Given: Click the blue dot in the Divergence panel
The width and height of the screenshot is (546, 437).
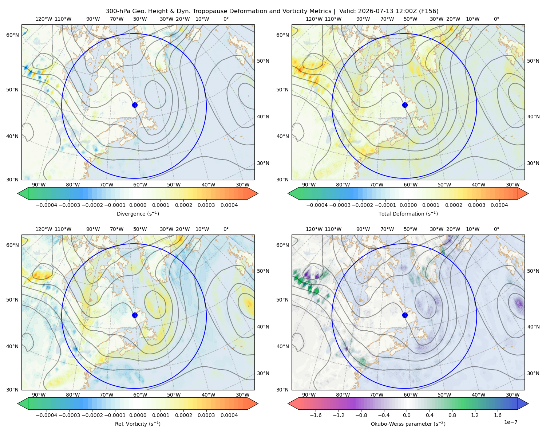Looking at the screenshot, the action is click(135, 105).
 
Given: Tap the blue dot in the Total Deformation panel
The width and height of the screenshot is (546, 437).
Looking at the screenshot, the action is click(405, 105).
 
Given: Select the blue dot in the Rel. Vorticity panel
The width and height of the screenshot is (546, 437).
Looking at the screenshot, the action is click(135, 315).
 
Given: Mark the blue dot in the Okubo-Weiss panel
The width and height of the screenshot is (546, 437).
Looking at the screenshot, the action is click(405, 315).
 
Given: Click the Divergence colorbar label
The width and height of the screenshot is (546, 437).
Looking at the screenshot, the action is click(138, 213).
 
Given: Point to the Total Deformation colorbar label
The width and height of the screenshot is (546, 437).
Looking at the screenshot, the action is click(408, 213).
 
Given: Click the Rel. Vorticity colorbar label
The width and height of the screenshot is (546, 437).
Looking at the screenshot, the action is click(138, 424).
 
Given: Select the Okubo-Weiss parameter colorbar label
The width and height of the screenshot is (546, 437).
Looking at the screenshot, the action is click(408, 424).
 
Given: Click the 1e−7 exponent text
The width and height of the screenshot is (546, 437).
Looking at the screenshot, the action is click(510, 422).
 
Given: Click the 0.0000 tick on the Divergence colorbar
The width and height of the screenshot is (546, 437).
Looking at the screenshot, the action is click(138, 205).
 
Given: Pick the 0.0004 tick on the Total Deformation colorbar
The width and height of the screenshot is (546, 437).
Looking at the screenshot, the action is click(499, 205).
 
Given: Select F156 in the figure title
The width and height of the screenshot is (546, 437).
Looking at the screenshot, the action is click(428, 11).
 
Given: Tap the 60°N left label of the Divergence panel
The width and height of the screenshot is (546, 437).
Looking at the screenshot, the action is click(12, 35).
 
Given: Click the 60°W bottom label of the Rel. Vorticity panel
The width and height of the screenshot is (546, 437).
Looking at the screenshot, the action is click(140, 395).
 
